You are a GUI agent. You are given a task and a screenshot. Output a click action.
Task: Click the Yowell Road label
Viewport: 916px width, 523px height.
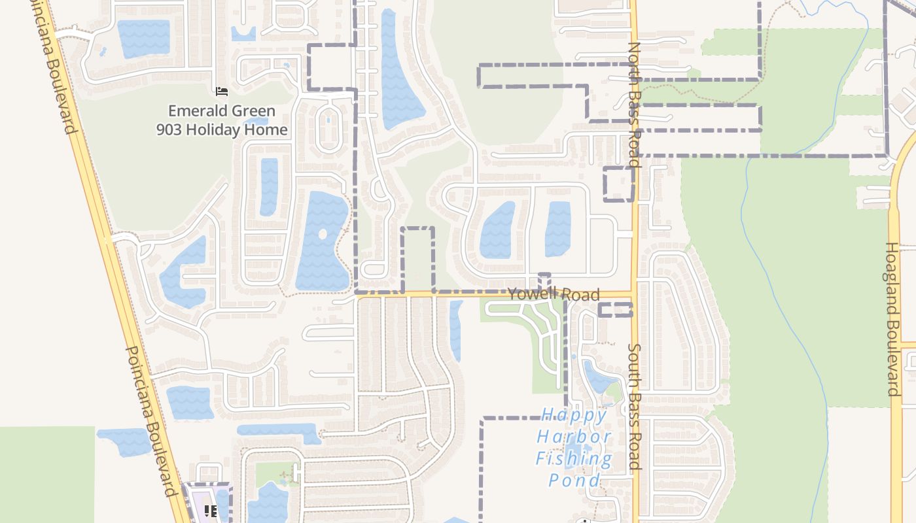553,294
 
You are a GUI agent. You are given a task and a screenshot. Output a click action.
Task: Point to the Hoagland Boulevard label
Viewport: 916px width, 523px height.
893,319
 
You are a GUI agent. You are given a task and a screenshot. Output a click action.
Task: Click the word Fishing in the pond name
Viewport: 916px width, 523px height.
574,458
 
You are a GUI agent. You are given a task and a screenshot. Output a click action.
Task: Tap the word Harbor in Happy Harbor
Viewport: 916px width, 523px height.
574,436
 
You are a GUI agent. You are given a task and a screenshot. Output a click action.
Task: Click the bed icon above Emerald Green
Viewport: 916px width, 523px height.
221,91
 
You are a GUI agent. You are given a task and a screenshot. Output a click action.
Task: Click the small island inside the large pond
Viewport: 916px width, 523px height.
322,233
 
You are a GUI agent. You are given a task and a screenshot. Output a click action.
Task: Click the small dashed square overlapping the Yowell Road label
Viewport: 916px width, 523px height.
544,282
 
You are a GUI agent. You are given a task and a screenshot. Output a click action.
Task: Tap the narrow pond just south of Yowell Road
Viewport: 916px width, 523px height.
455,330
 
